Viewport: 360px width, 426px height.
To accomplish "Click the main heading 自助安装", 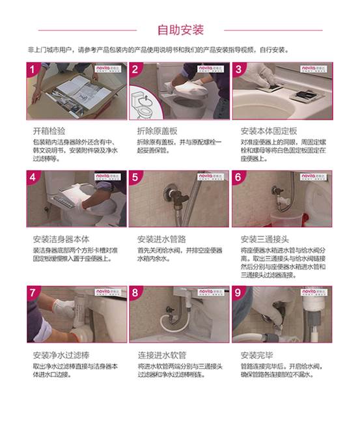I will point(180,30).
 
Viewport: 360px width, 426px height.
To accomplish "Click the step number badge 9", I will point(239,292).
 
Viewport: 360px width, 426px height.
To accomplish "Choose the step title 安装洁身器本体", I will point(61,238).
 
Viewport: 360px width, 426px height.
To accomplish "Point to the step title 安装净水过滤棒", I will point(61,355).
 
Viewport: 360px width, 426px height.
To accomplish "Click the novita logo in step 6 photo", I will point(316,176).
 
